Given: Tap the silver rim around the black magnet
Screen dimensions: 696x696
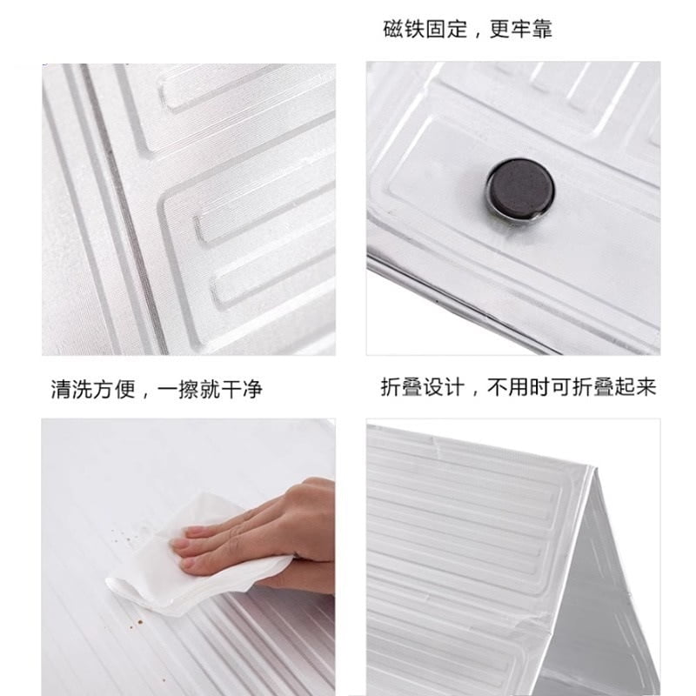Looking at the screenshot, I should tap(519, 216).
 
